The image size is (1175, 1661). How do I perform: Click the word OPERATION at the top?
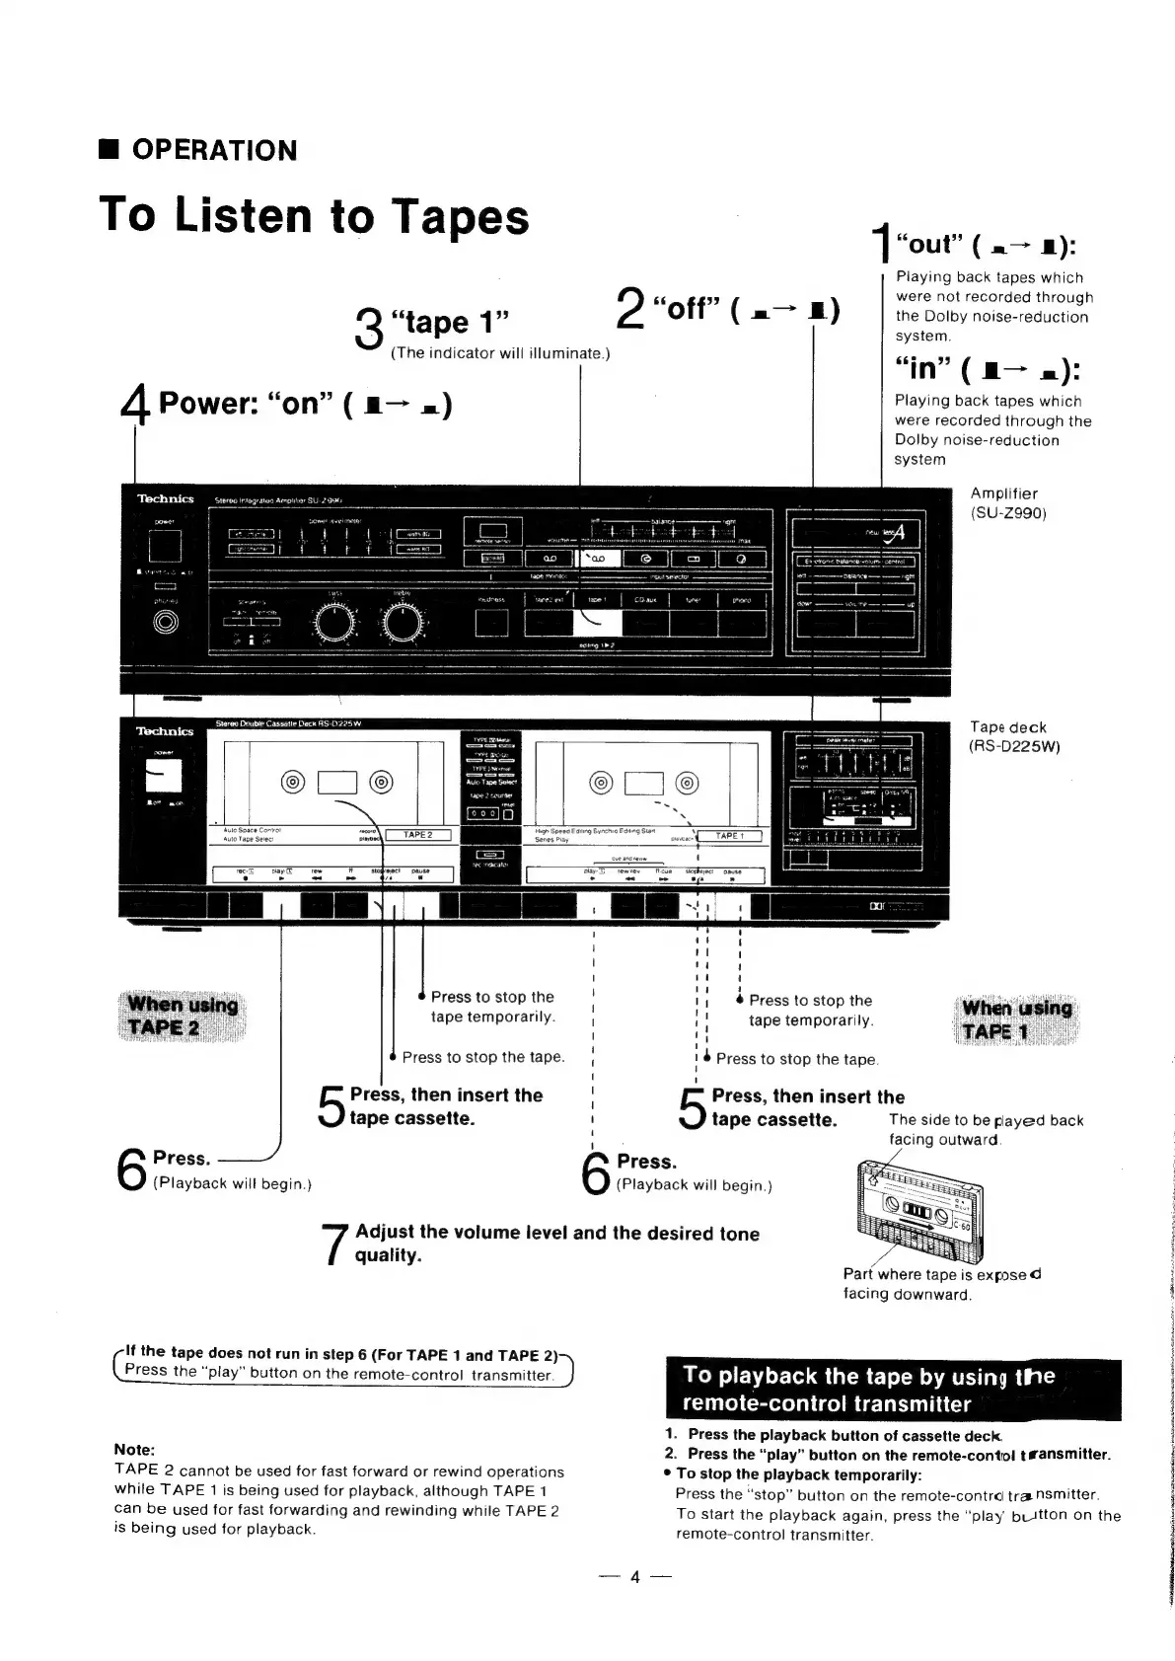point(214,150)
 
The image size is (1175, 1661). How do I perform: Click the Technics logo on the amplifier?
point(165,499)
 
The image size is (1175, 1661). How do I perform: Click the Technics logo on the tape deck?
point(165,731)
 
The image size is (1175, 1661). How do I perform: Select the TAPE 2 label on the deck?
point(417,835)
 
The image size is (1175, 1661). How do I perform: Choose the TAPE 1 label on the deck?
point(729,836)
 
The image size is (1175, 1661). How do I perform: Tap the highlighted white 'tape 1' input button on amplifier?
point(596,623)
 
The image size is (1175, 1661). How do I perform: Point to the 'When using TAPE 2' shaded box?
point(183,1015)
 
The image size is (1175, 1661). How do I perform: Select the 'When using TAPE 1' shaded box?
point(1016,1019)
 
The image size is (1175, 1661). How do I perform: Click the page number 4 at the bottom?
point(635,1577)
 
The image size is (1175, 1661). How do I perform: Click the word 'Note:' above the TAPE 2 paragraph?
point(134,1450)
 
